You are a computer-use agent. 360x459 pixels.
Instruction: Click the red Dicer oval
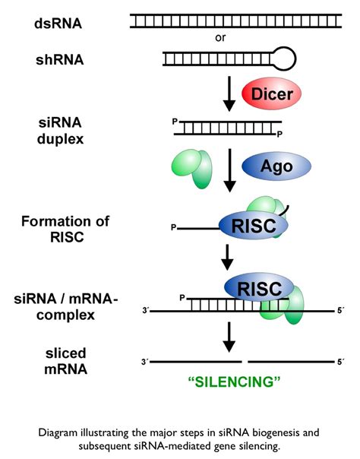pyautogui.click(x=271, y=93)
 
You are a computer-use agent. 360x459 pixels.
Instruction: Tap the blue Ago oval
pyautogui.click(x=276, y=166)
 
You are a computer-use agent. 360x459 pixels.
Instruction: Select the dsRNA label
pyautogui.click(x=58, y=24)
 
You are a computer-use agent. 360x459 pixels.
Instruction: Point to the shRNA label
pyautogui.click(x=60, y=60)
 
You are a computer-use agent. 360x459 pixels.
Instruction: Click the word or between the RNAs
pyautogui.click(x=220, y=38)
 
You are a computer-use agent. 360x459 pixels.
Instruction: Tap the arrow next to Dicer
pyautogui.click(x=229, y=93)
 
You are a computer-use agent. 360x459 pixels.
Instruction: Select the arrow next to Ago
pyautogui.click(x=230, y=170)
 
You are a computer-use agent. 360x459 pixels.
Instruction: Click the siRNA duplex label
pyautogui.click(x=60, y=131)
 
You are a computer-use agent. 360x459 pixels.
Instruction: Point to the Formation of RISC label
pyautogui.click(x=65, y=229)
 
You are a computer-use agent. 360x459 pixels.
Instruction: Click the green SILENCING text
pyautogui.click(x=234, y=381)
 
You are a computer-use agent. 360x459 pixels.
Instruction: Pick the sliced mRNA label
pyautogui.click(x=66, y=361)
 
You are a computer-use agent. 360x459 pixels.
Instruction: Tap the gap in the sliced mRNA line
pyautogui.click(x=245, y=362)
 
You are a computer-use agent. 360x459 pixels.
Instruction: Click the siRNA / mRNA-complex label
pyautogui.click(x=65, y=307)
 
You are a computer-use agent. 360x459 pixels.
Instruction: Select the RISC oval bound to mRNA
pyautogui.click(x=259, y=288)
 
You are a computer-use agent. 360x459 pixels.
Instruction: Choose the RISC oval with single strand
pyautogui.click(x=254, y=225)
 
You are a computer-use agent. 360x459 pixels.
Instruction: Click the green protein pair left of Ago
pyautogui.click(x=192, y=168)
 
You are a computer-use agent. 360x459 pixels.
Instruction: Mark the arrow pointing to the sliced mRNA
pyautogui.click(x=229, y=337)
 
